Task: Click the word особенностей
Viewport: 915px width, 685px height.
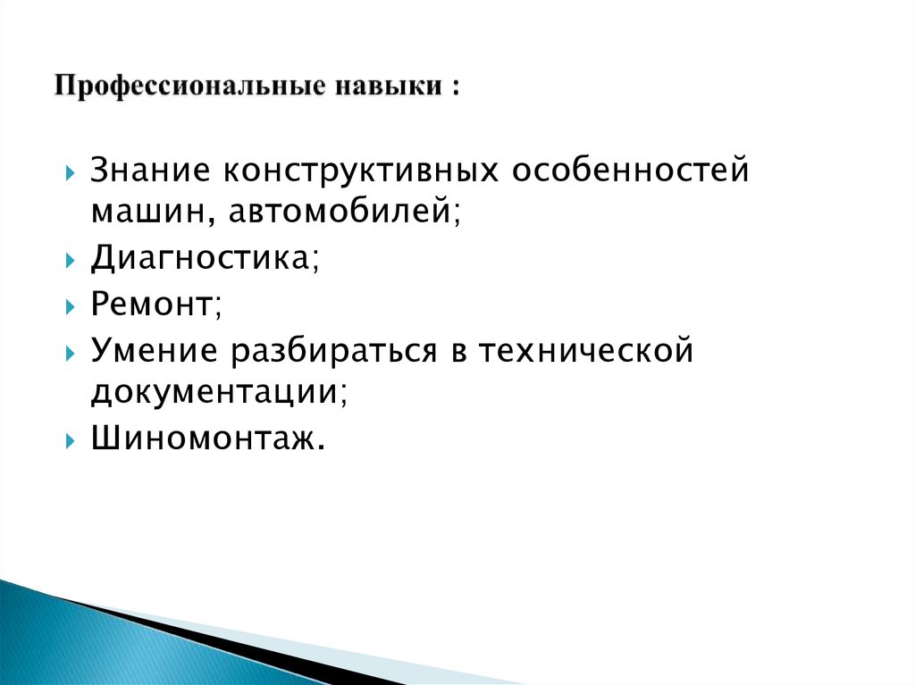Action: point(629,170)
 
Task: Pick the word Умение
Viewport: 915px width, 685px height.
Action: point(155,351)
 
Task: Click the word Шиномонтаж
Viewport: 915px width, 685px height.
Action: point(202,441)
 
